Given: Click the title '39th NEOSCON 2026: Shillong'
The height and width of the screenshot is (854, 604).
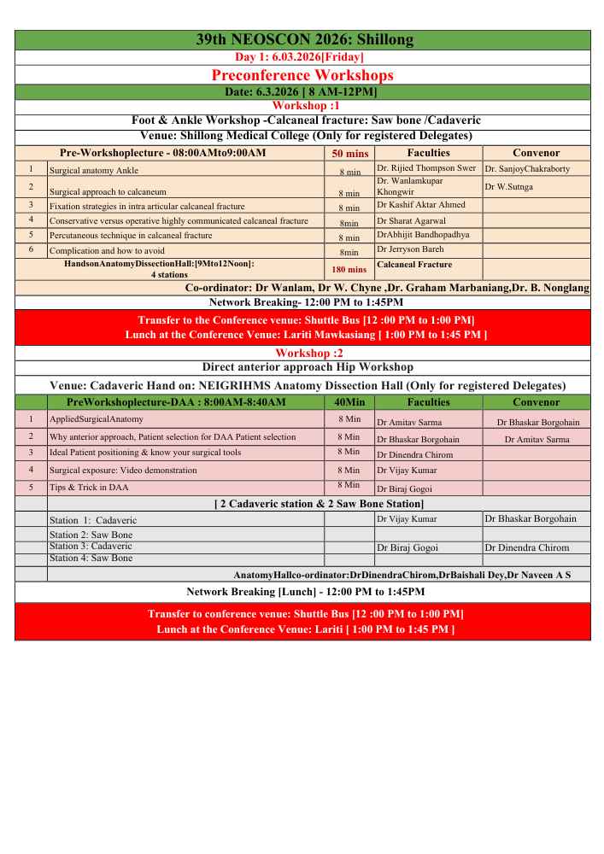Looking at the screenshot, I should click(x=304, y=40).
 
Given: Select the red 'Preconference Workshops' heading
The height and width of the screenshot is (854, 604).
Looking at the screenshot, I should click(x=302, y=75).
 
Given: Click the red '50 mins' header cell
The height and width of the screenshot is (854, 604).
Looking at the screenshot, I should click(x=349, y=154).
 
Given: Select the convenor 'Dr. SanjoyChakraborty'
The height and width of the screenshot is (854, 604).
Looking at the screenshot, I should click(x=526, y=169).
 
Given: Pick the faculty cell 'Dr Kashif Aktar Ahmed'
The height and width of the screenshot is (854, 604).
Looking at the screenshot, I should click(x=421, y=205).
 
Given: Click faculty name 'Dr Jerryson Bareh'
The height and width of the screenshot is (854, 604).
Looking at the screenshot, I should click(x=410, y=249).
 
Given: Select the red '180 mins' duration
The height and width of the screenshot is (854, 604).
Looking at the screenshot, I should click(x=349, y=270).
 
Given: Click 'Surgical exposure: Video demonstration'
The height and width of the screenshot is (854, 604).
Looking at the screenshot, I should click(x=123, y=470).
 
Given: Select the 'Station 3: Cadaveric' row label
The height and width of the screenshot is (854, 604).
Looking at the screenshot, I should click(x=91, y=546).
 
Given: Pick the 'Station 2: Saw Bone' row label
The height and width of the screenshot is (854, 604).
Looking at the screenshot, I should click(x=91, y=535).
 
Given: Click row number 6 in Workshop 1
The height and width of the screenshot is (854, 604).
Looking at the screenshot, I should click(x=31, y=249).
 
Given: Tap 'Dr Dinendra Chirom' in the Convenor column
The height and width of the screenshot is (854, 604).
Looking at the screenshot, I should click(x=526, y=547).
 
